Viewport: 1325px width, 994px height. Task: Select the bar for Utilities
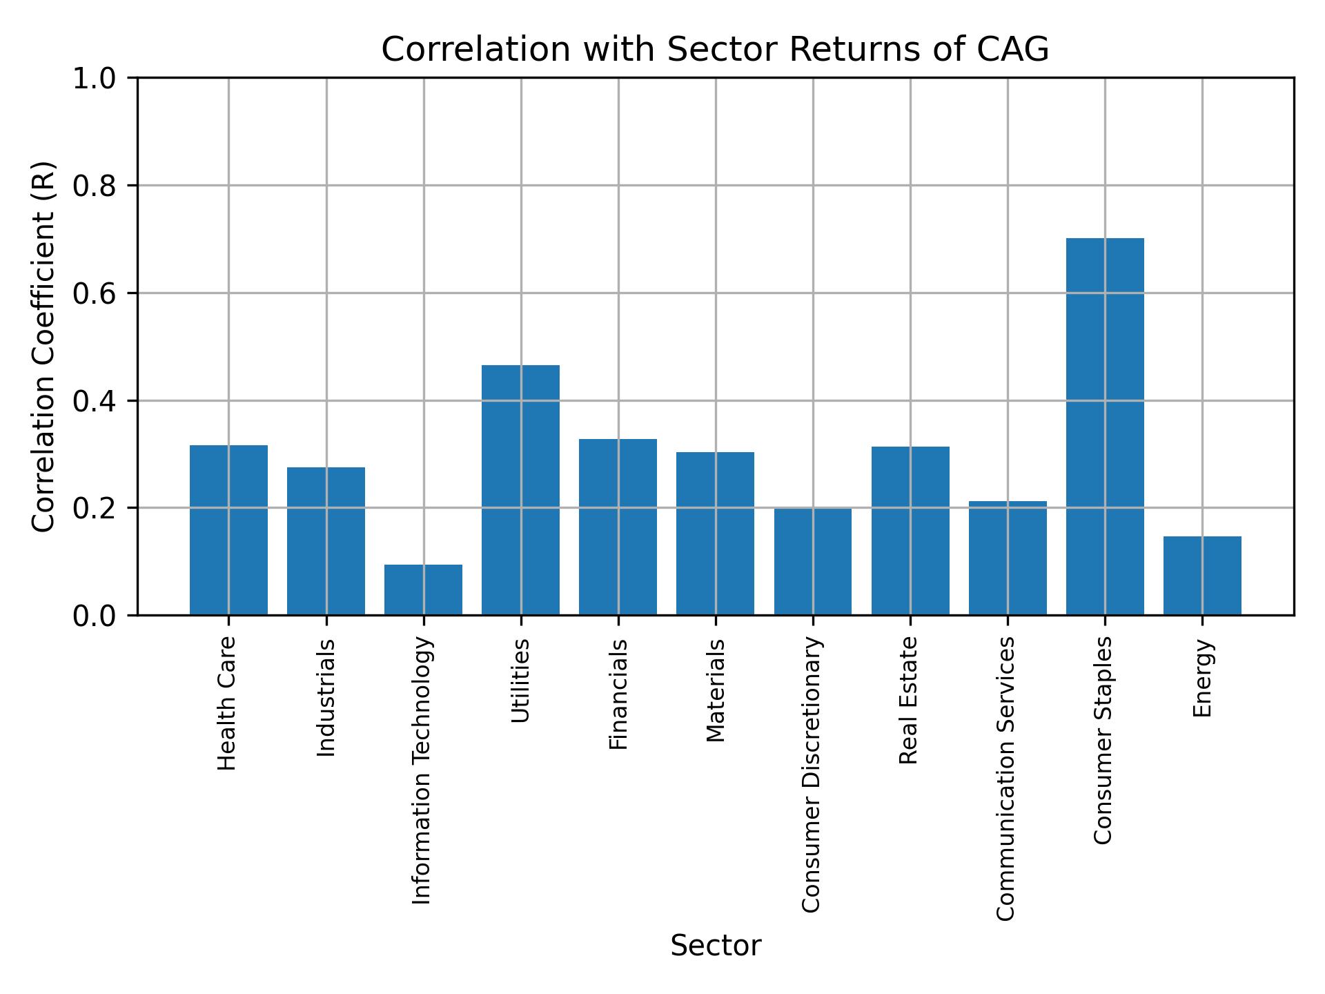pyautogui.click(x=520, y=490)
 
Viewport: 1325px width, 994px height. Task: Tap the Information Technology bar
pyautogui.click(x=423, y=590)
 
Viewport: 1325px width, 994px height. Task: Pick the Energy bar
pyautogui.click(x=1202, y=576)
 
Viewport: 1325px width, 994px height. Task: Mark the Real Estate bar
pyautogui.click(x=910, y=531)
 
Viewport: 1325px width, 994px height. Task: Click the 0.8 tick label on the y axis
pyautogui.click(x=95, y=186)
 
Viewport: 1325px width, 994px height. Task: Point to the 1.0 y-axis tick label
pyautogui.click(x=95, y=79)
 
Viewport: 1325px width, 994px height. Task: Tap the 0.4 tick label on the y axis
pyautogui.click(x=95, y=400)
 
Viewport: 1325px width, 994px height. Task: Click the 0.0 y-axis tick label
pyautogui.click(x=95, y=615)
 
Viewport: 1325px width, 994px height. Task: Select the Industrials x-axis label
pyautogui.click(x=326, y=698)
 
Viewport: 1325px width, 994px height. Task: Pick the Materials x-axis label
pyautogui.click(x=716, y=690)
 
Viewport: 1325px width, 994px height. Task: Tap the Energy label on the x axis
pyautogui.click(x=1203, y=678)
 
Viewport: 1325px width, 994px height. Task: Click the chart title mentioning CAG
pyautogui.click(x=715, y=50)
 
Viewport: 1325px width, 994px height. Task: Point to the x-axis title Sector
pyautogui.click(x=716, y=946)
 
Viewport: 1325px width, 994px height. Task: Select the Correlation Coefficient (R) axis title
pyautogui.click(x=43, y=347)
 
